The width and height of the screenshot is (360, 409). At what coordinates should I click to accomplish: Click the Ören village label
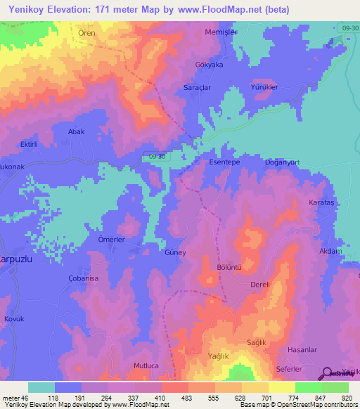[86, 32]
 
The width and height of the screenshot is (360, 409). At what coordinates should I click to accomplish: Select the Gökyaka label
[208, 64]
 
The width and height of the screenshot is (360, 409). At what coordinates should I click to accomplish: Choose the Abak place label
[76, 131]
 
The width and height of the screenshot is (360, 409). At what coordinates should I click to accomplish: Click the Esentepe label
[226, 162]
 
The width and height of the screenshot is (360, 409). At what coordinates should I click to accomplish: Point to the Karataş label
[323, 202]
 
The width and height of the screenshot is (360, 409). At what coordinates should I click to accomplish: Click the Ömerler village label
[111, 239]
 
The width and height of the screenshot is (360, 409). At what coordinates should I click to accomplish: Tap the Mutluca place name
[148, 366]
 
